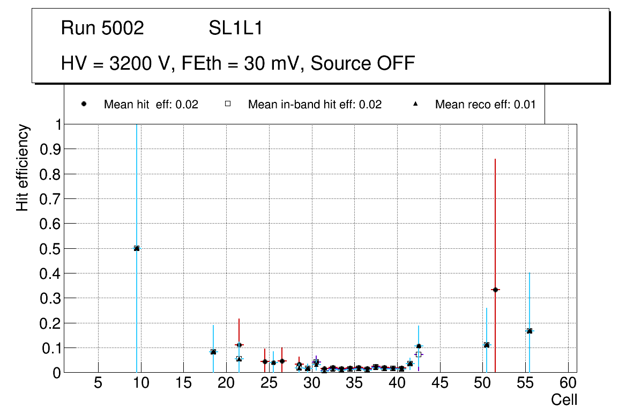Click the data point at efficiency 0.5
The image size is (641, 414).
click(137, 248)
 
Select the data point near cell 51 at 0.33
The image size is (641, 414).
click(495, 290)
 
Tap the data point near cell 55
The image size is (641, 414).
click(530, 331)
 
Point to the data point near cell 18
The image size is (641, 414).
click(213, 352)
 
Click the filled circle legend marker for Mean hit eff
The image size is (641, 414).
click(84, 104)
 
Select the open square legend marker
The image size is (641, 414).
click(228, 104)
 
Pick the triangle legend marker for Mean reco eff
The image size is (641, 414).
click(415, 104)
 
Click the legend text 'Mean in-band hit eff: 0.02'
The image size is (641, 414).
click(315, 105)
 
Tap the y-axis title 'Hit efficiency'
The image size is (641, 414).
click(23, 167)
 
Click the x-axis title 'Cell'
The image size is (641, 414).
click(564, 400)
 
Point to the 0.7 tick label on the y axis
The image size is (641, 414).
click(50, 199)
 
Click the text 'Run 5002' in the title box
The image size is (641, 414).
click(102, 28)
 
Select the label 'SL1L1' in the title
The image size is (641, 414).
click(236, 28)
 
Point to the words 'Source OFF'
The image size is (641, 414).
click(363, 63)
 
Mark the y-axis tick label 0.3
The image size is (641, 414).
click(50, 298)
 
